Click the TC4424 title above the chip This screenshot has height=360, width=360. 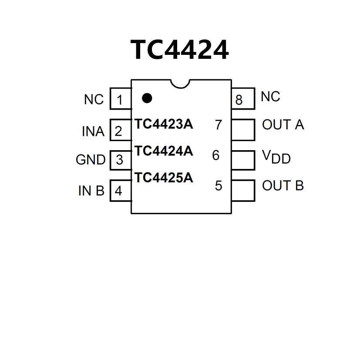click(180, 50)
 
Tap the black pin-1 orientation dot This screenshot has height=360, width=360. click(147, 98)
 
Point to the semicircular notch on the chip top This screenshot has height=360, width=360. click(181, 83)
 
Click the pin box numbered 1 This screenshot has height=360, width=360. click(120, 99)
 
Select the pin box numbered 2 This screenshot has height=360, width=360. click(120, 130)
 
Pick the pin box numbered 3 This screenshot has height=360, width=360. click(120, 160)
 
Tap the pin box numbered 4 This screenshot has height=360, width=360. click(120, 190)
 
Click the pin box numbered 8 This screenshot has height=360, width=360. click(242, 99)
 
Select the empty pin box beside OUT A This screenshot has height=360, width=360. click(242, 129)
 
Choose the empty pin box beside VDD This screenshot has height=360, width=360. click(242, 160)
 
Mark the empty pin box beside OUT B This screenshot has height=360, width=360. click(242, 190)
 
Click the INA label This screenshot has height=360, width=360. click(93, 131)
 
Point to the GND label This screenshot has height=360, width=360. click(91, 160)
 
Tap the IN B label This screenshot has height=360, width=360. click(91, 191)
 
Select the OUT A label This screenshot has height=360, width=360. click(283, 125)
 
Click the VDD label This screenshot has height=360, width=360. click(276, 157)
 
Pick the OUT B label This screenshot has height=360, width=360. click(283, 186)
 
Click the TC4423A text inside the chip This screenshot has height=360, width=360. click(164, 124)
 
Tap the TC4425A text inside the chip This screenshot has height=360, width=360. click(164, 178)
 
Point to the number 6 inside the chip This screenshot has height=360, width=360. click(216, 155)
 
